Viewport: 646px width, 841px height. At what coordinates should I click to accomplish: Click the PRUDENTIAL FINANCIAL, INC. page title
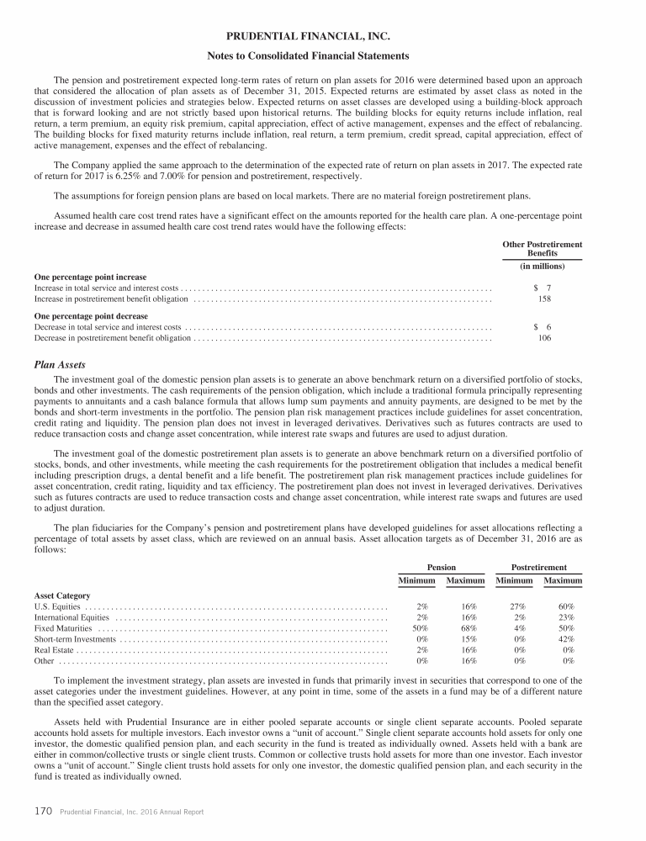pos(322,37)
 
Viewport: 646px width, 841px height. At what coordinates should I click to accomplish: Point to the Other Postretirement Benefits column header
pos(543,248)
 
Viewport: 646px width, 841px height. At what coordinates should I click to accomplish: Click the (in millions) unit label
pos(543,266)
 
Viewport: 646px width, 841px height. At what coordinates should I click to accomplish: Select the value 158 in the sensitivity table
pos(544,298)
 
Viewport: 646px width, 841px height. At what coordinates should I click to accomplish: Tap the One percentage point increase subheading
pos(89,277)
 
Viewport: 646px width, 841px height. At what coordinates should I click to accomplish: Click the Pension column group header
pos(442,568)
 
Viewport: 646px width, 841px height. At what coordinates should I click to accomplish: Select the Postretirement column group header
pos(538,568)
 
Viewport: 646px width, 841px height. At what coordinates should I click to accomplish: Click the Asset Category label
pos(61,595)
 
